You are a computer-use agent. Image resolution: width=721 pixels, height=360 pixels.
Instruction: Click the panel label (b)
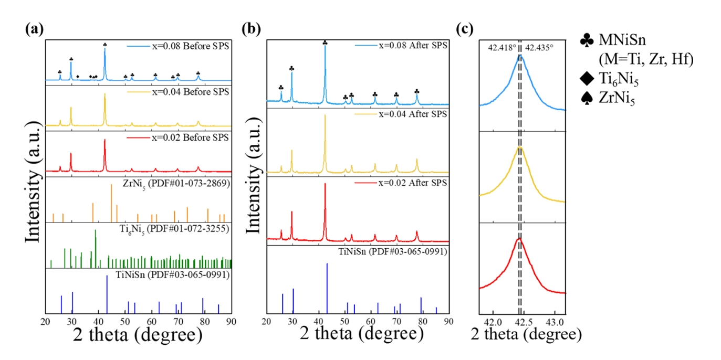click(x=251, y=29)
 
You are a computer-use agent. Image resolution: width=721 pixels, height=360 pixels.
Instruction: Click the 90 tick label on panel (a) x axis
click(x=231, y=320)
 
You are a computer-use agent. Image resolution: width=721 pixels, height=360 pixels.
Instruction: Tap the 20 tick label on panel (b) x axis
click(x=267, y=320)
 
